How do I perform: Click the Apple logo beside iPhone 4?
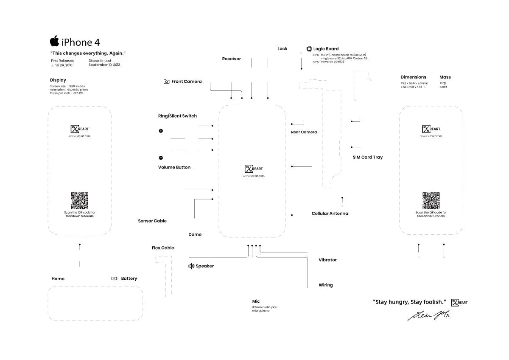pyautogui.click(x=54, y=41)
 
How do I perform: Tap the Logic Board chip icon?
pyautogui.click(x=309, y=49)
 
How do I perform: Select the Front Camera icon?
pyautogui.click(x=166, y=82)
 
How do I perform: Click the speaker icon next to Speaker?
pyautogui.click(x=191, y=266)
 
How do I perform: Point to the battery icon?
pyautogui.click(x=114, y=278)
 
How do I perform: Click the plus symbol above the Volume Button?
pyautogui.click(x=161, y=131)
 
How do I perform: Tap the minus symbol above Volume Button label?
pyautogui.click(x=161, y=157)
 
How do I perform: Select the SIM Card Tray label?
pyautogui.click(x=367, y=157)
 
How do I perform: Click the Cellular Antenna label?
pyautogui.click(x=330, y=214)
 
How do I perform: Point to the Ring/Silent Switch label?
pyautogui.click(x=177, y=116)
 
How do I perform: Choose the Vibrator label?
pyautogui.click(x=327, y=260)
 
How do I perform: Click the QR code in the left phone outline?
pyautogui.click(x=79, y=201)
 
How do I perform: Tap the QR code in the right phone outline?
pyautogui.click(x=431, y=201)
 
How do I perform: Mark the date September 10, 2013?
pyautogui.click(x=104, y=65)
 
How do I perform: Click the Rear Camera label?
pyautogui.click(x=304, y=132)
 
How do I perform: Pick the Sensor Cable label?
pyautogui.click(x=152, y=221)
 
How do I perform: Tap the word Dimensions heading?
pyautogui.click(x=413, y=77)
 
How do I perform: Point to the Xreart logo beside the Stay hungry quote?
pyautogui.click(x=459, y=302)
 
